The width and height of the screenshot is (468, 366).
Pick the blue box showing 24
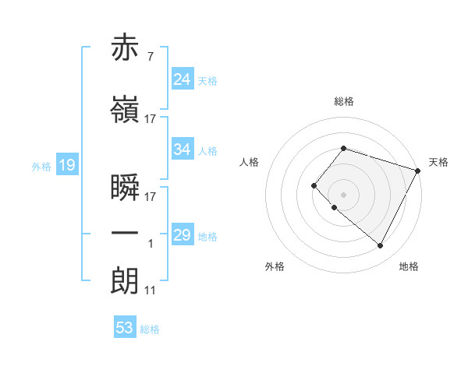pos(183,79)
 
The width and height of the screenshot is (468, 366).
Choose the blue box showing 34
pos(183,150)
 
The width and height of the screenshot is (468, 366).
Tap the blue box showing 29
pos(183,235)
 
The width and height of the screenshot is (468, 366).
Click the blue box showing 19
pos(66,165)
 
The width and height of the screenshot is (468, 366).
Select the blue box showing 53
pos(125,328)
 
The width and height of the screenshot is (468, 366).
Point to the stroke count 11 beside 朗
pos(150,290)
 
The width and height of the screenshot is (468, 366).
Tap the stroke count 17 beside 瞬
pos(150,197)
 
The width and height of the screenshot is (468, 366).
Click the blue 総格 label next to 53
pos(150,329)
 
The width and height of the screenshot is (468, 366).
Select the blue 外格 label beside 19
pos(41,166)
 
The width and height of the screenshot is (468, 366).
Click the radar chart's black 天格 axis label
pos(438,162)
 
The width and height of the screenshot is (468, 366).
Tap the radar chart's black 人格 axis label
pos(250,162)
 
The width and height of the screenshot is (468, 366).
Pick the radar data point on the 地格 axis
pos(381,246)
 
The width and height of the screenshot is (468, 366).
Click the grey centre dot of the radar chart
pos(343,195)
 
